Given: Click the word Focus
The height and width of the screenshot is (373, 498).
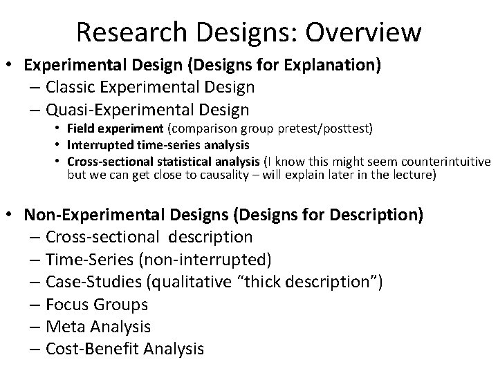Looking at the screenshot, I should tap(67, 304).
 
